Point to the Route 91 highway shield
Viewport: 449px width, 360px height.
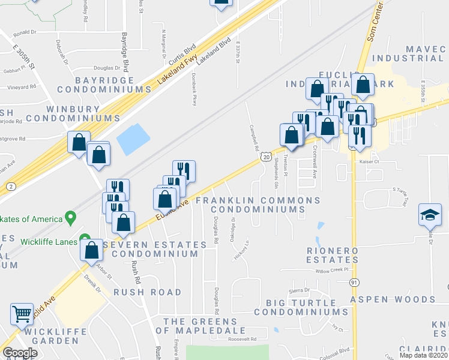coord(355,281)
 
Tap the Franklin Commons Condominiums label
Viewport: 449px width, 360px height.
coord(258,205)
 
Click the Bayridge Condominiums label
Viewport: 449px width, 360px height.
coord(112,85)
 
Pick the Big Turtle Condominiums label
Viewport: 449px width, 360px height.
coord(301,307)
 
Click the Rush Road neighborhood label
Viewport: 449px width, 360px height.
coord(147,292)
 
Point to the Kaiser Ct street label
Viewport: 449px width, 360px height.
coord(370,161)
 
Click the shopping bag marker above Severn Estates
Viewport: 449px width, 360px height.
coord(92,252)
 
